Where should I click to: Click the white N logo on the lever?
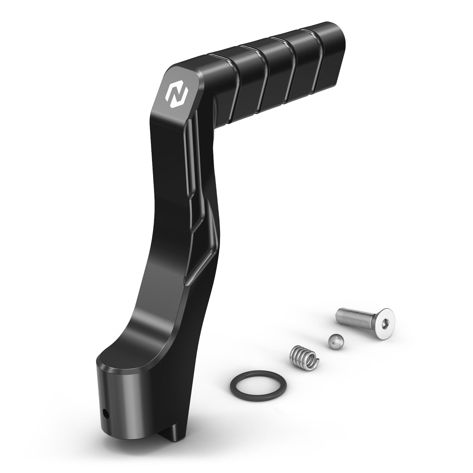click(x=176, y=94)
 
